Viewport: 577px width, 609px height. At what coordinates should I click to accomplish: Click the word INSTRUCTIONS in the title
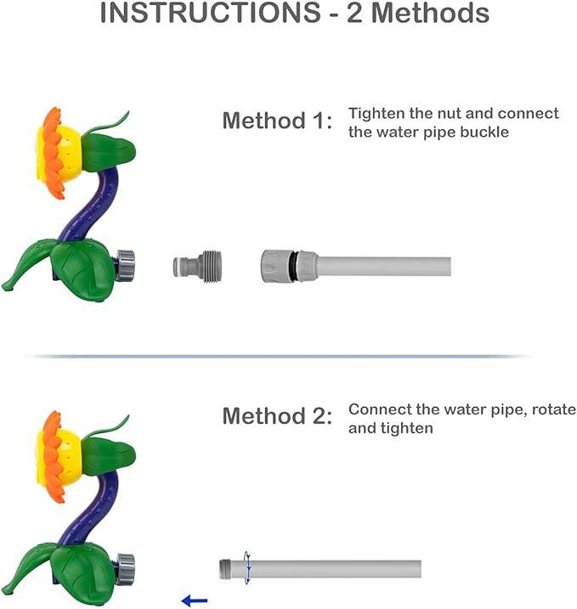click(x=210, y=13)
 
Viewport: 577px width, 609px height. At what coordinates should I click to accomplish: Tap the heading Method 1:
click(x=277, y=121)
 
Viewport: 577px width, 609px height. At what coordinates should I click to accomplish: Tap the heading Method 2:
click(x=277, y=416)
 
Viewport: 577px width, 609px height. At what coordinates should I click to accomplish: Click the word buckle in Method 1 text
click(x=484, y=132)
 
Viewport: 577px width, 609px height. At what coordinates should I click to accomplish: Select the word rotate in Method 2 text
click(x=554, y=409)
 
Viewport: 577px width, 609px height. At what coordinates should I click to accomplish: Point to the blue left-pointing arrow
click(x=195, y=601)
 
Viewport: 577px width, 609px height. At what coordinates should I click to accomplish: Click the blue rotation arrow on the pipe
click(x=247, y=567)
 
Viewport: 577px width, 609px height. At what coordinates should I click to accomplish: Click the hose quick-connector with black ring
click(x=290, y=266)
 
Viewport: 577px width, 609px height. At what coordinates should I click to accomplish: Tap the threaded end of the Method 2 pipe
click(x=225, y=569)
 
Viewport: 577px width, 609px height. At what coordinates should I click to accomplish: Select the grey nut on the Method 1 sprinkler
click(x=125, y=266)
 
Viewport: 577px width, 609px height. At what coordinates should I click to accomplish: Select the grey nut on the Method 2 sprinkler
click(x=125, y=569)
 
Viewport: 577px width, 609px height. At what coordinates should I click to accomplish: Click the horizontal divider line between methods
click(x=281, y=356)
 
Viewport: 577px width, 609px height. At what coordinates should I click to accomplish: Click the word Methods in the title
click(x=431, y=13)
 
